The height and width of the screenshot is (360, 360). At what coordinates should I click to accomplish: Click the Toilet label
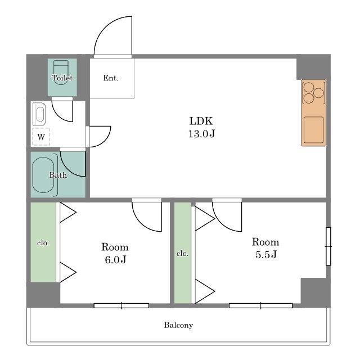click(x=62, y=78)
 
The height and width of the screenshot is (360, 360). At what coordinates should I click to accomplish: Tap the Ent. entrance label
click(x=111, y=78)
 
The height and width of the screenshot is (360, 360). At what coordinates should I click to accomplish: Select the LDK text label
click(x=201, y=121)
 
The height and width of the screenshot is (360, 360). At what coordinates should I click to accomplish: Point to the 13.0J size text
click(x=201, y=134)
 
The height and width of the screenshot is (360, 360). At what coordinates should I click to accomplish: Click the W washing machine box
click(x=41, y=137)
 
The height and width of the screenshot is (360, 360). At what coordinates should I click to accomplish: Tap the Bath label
click(x=58, y=175)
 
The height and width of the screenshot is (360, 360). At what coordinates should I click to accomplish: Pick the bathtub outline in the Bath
click(x=43, y=175)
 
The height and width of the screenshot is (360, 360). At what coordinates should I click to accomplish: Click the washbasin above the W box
click(x=39, y=114)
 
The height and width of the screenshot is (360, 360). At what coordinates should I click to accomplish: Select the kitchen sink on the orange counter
click(x=314, y=130)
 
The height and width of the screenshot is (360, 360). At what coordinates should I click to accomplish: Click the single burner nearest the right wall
click(x=319, y=93)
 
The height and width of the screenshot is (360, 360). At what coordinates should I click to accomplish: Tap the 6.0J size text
click(x=115, y=260)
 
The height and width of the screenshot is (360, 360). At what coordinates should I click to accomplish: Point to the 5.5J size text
click(x=266, y=254)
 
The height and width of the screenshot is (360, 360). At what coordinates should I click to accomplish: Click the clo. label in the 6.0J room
click(x=43, y=242)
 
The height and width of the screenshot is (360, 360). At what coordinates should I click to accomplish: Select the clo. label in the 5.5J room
click(x=182, y=254)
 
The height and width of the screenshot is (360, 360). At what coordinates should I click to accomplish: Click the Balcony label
click(x=178, y=325)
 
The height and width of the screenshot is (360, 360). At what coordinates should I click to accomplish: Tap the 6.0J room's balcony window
click(x=121, y=305)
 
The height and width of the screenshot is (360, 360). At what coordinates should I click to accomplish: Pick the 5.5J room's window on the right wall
click(x=328, y=246)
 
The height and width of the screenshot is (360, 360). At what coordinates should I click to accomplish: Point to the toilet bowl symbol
click(x=61, y=73)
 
